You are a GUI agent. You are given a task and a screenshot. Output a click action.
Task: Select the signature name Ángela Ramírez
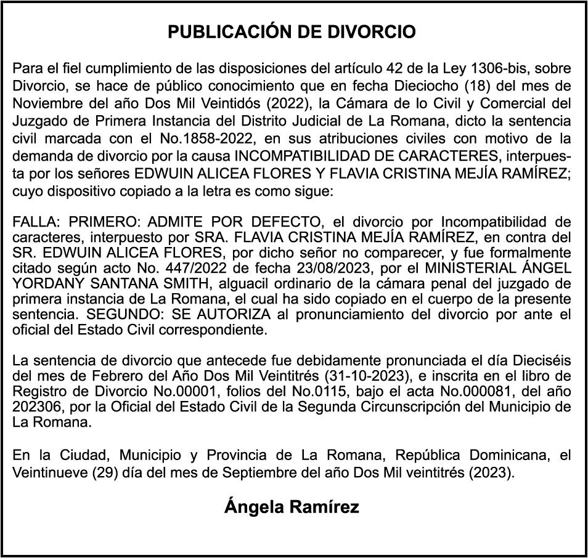[x=292, y=507]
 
